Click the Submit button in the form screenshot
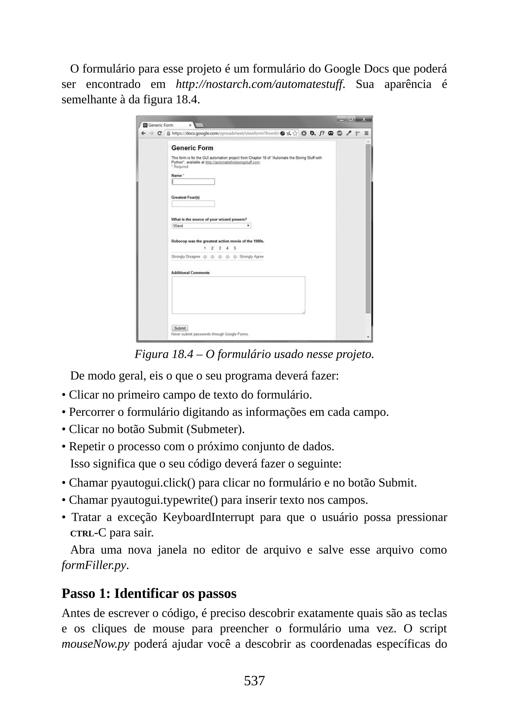tap(180, 328)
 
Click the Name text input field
tap(193, 182)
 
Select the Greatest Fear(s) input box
tap(193, 204)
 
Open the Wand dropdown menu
tap(211, 226)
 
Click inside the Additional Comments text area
tap(238, 295)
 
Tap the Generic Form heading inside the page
tap(192, 148)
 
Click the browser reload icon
tap(160, 133)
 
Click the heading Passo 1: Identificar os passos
tap(149, 593)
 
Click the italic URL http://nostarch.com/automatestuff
tap(260, 84)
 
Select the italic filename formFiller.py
tap(94, 565)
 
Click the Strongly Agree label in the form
tap(251, 256)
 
